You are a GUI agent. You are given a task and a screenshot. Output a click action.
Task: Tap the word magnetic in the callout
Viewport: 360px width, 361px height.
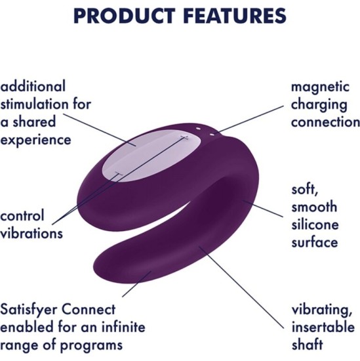[319, 87]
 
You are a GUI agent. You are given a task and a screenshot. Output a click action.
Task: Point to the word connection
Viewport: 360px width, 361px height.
[325, 122]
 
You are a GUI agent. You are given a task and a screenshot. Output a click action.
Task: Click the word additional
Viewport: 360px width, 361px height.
[33, 87]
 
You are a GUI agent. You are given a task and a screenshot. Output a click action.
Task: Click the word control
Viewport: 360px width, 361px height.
[22, 215]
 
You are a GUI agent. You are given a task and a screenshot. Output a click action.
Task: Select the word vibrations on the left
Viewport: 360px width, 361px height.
[32, 233]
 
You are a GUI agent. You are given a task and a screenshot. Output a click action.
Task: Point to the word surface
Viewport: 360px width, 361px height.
[314, 242]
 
